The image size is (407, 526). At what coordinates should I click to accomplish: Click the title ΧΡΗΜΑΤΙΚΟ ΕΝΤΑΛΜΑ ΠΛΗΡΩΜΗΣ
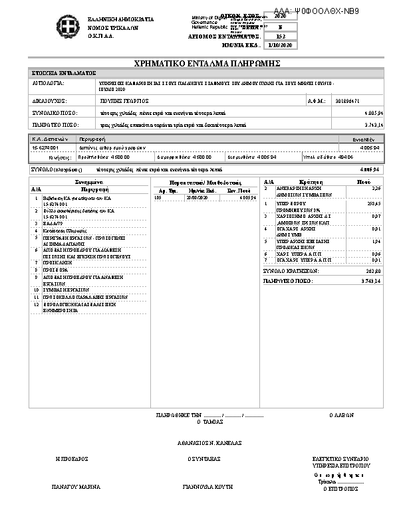click(x=207, y=63)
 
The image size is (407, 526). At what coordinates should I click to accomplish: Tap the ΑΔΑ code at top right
click(x=316, y=12)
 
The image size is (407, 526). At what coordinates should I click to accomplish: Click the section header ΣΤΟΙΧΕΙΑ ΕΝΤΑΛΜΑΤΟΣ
click(x=65, y=73)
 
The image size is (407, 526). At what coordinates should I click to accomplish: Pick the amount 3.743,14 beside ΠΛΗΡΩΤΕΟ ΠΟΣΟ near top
click(x=368, y=124)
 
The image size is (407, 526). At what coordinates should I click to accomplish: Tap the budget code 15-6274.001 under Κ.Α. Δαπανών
click(x=45, y=147)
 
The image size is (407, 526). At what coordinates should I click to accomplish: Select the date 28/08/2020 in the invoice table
click(x=197, y=197)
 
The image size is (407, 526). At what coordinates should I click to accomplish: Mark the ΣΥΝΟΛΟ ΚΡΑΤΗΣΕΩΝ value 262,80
click(x=372, y=271)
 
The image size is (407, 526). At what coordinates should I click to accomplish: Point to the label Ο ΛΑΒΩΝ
click(x=342, y=414)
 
